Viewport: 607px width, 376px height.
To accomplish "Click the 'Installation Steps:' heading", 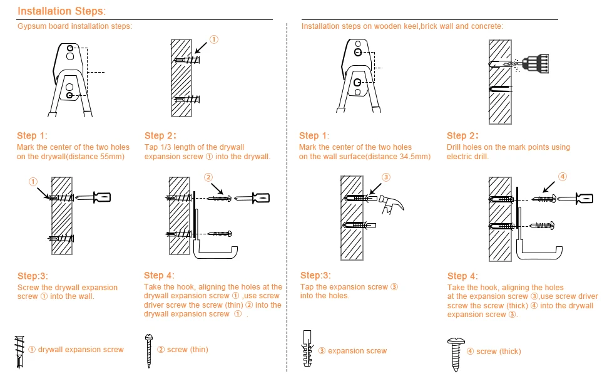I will point(61,11).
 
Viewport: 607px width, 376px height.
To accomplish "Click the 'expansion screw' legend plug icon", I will point(307,350).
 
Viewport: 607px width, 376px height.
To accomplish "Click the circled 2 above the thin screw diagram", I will point(208,178).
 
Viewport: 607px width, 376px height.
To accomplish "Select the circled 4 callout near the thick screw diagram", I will point(563,177).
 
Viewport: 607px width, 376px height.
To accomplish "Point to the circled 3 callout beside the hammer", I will point(385,177).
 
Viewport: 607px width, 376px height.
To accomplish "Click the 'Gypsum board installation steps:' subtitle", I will point(74,26).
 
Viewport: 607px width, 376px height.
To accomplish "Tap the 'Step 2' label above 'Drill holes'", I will point(462,136).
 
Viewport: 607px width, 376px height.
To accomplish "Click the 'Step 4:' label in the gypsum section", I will point(159,275).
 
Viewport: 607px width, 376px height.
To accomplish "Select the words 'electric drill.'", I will point(467,157).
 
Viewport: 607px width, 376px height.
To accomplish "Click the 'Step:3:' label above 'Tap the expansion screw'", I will point(316,275).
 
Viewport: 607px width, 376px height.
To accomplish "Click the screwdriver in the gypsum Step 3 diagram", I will point(101,197).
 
